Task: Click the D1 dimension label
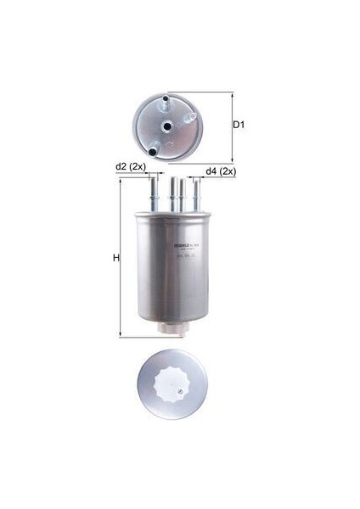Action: click(x=239, y=126)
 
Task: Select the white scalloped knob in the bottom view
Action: click(x=179, y=392)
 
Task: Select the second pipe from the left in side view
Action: click(x=173, y=192)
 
